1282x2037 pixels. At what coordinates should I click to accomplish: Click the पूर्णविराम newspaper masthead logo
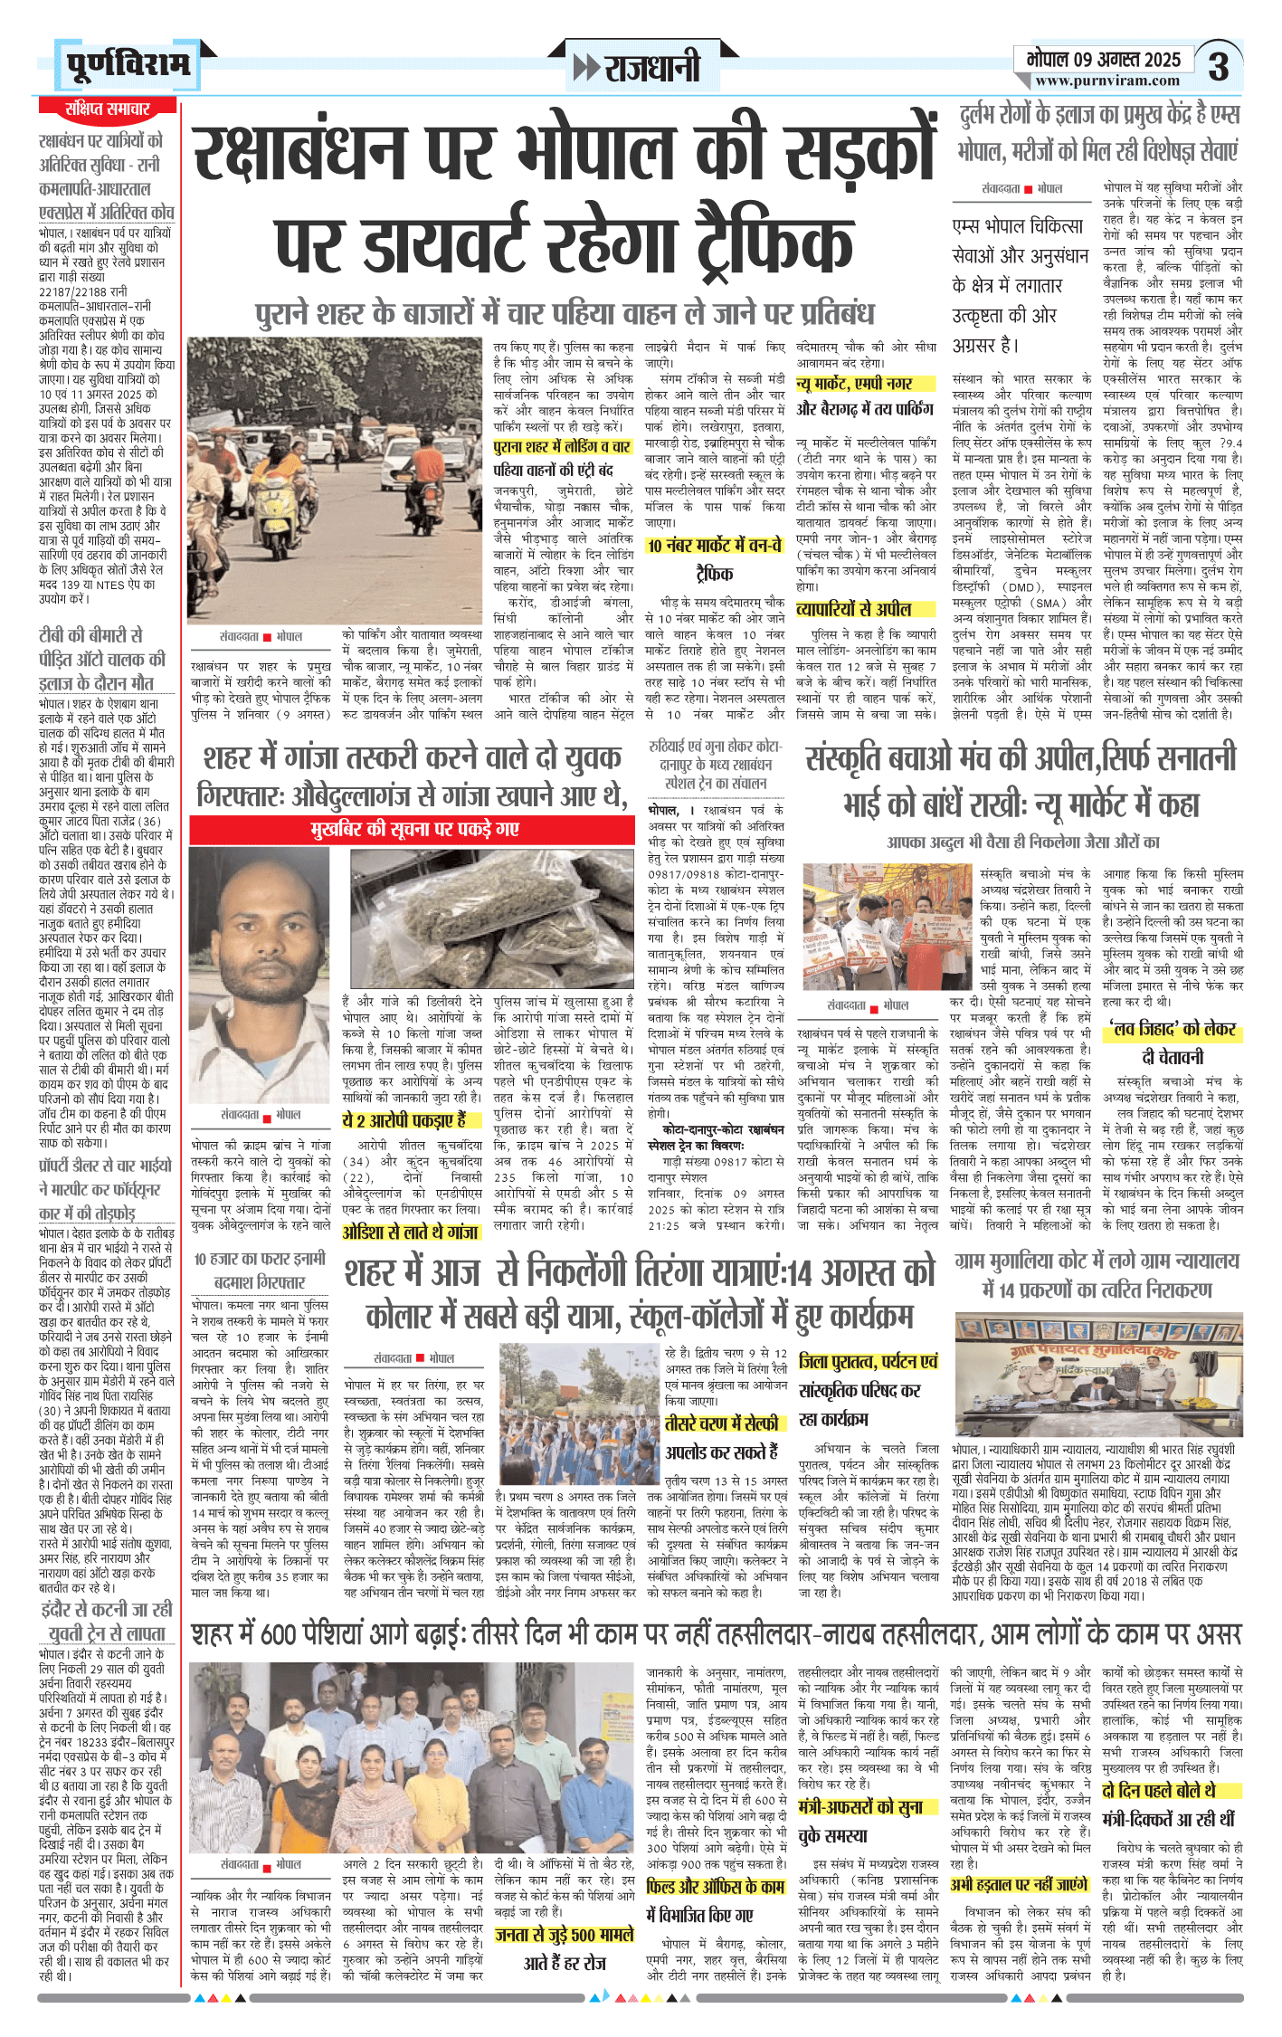[128, 66]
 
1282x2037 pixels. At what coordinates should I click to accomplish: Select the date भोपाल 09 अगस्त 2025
[1104, 60]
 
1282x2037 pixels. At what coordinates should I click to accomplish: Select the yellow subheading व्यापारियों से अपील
[854, 609]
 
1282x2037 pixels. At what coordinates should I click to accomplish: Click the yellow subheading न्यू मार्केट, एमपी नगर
[854, 385]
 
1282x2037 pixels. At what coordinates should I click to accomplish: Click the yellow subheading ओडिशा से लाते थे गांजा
[411, 1232]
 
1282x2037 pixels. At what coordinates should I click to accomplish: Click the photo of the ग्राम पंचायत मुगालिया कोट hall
[1098, 1375]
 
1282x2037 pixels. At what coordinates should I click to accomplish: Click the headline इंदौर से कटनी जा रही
[107, 1609]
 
